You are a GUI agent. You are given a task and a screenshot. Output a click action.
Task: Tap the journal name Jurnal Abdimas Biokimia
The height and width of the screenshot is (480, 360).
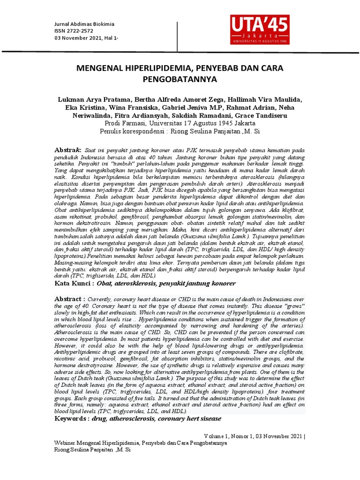(x=84, y=24)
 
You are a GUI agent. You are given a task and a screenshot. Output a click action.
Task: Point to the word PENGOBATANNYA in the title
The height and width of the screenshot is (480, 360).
(x=180, y=80)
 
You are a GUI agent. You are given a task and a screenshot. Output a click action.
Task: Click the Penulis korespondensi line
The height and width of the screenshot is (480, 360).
(x=180, y=131)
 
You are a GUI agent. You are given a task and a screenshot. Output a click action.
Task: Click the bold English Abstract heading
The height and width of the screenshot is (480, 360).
(x=70, y=299)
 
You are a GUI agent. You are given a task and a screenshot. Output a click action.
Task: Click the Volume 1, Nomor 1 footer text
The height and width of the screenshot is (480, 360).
(x=255, y=435)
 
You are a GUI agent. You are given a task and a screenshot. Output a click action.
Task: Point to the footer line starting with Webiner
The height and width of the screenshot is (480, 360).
(x=141, y=442)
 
